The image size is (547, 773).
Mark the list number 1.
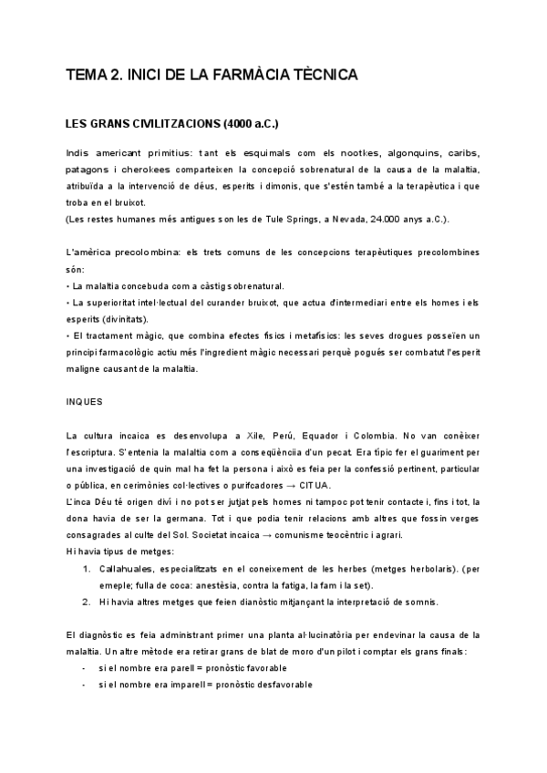[x=85, y=568]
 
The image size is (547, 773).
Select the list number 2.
[x=85, y=601]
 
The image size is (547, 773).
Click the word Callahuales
[x=125, y=568]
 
